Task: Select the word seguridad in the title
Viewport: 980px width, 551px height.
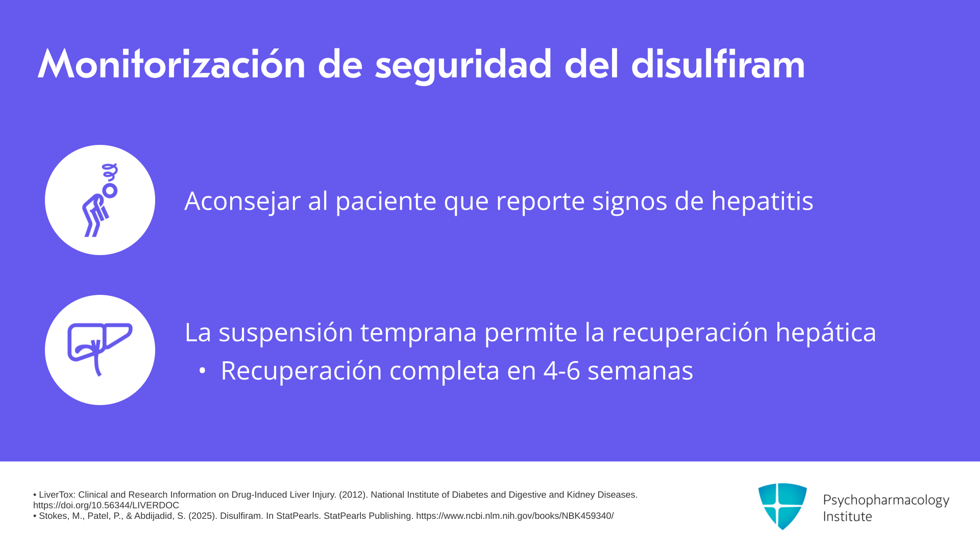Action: [x=463, y=66]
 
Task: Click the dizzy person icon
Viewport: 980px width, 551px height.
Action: [x=100, y=200]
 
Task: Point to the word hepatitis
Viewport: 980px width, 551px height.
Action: [x=762, y=201]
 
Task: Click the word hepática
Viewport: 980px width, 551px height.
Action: [x=825, y=333]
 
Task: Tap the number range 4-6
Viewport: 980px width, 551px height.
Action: [x=561, y=371]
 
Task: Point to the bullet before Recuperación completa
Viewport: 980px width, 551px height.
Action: [x=203, y=371]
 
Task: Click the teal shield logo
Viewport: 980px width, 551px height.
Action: [x=782, y=506]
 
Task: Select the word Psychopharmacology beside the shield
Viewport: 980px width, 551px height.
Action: [x=886, y=500]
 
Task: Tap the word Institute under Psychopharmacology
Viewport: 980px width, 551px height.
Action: [x=847, y=516]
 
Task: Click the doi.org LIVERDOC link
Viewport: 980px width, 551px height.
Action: [x=106, y=505]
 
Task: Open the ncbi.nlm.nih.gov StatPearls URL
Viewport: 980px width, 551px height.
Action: [x=514, y=516]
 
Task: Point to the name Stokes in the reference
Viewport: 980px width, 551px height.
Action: [x=53, y=516]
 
